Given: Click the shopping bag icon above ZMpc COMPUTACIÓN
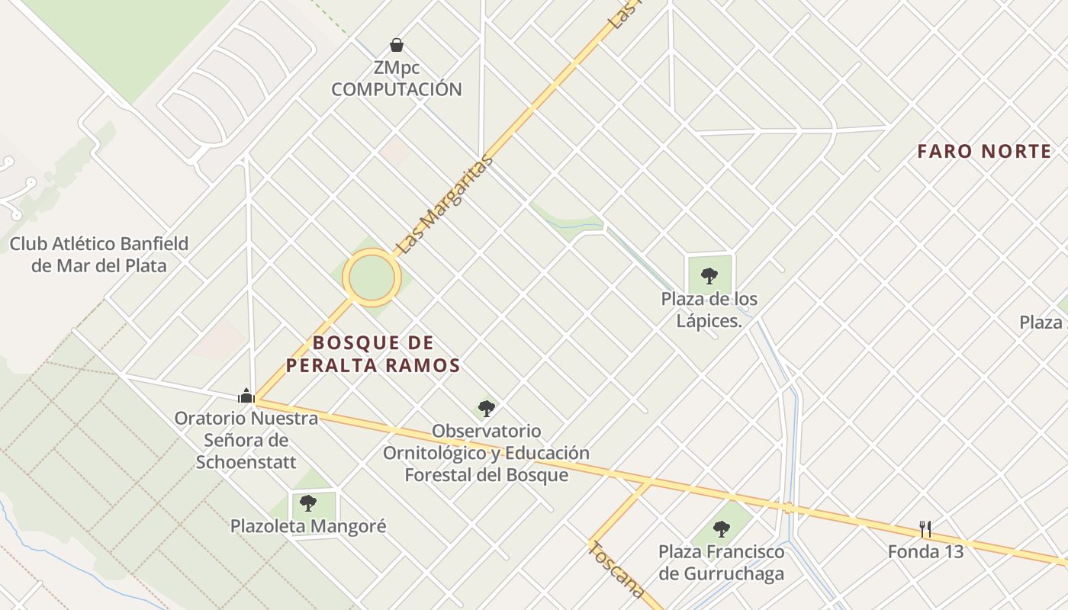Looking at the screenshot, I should [x=397, y=45].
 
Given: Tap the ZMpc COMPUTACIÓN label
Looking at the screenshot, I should [x=397, y=79].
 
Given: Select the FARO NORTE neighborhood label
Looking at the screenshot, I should [x=984, y=152].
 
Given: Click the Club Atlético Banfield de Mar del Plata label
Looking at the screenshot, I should [x=98, y=255].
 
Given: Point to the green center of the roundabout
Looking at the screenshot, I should [x=372, y=278].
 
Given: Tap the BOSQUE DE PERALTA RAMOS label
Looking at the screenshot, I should [x=373, y=354].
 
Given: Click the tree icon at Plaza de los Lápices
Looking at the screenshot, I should [x=709, y=275].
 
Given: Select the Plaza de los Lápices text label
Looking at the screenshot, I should [x=709, y=310].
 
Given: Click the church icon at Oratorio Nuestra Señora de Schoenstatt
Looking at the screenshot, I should [x=246, y=395].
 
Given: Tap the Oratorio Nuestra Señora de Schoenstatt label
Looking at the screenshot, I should [x=246, y=440].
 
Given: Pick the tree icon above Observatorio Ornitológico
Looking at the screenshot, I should [x=487, y=409].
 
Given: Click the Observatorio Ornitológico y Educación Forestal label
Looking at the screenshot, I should [x=486, y=453].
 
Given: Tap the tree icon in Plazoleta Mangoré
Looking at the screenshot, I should [x=308, y=503].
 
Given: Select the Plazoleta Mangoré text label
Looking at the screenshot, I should [x=308, y=526].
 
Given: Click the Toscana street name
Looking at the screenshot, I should [x=616, y=570].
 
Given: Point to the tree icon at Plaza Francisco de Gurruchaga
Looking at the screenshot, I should [x=721, y=528].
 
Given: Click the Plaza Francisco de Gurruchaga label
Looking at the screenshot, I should [x=721, y=562].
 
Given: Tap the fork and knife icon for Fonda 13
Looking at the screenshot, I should [x=925, y=528].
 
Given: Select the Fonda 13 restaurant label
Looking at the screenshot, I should [x=925, y=551].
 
